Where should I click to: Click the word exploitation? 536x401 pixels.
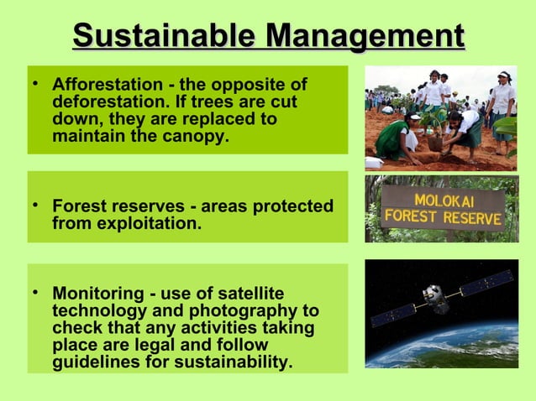[143, 223]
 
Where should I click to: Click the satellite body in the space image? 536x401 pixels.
[434, 296]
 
